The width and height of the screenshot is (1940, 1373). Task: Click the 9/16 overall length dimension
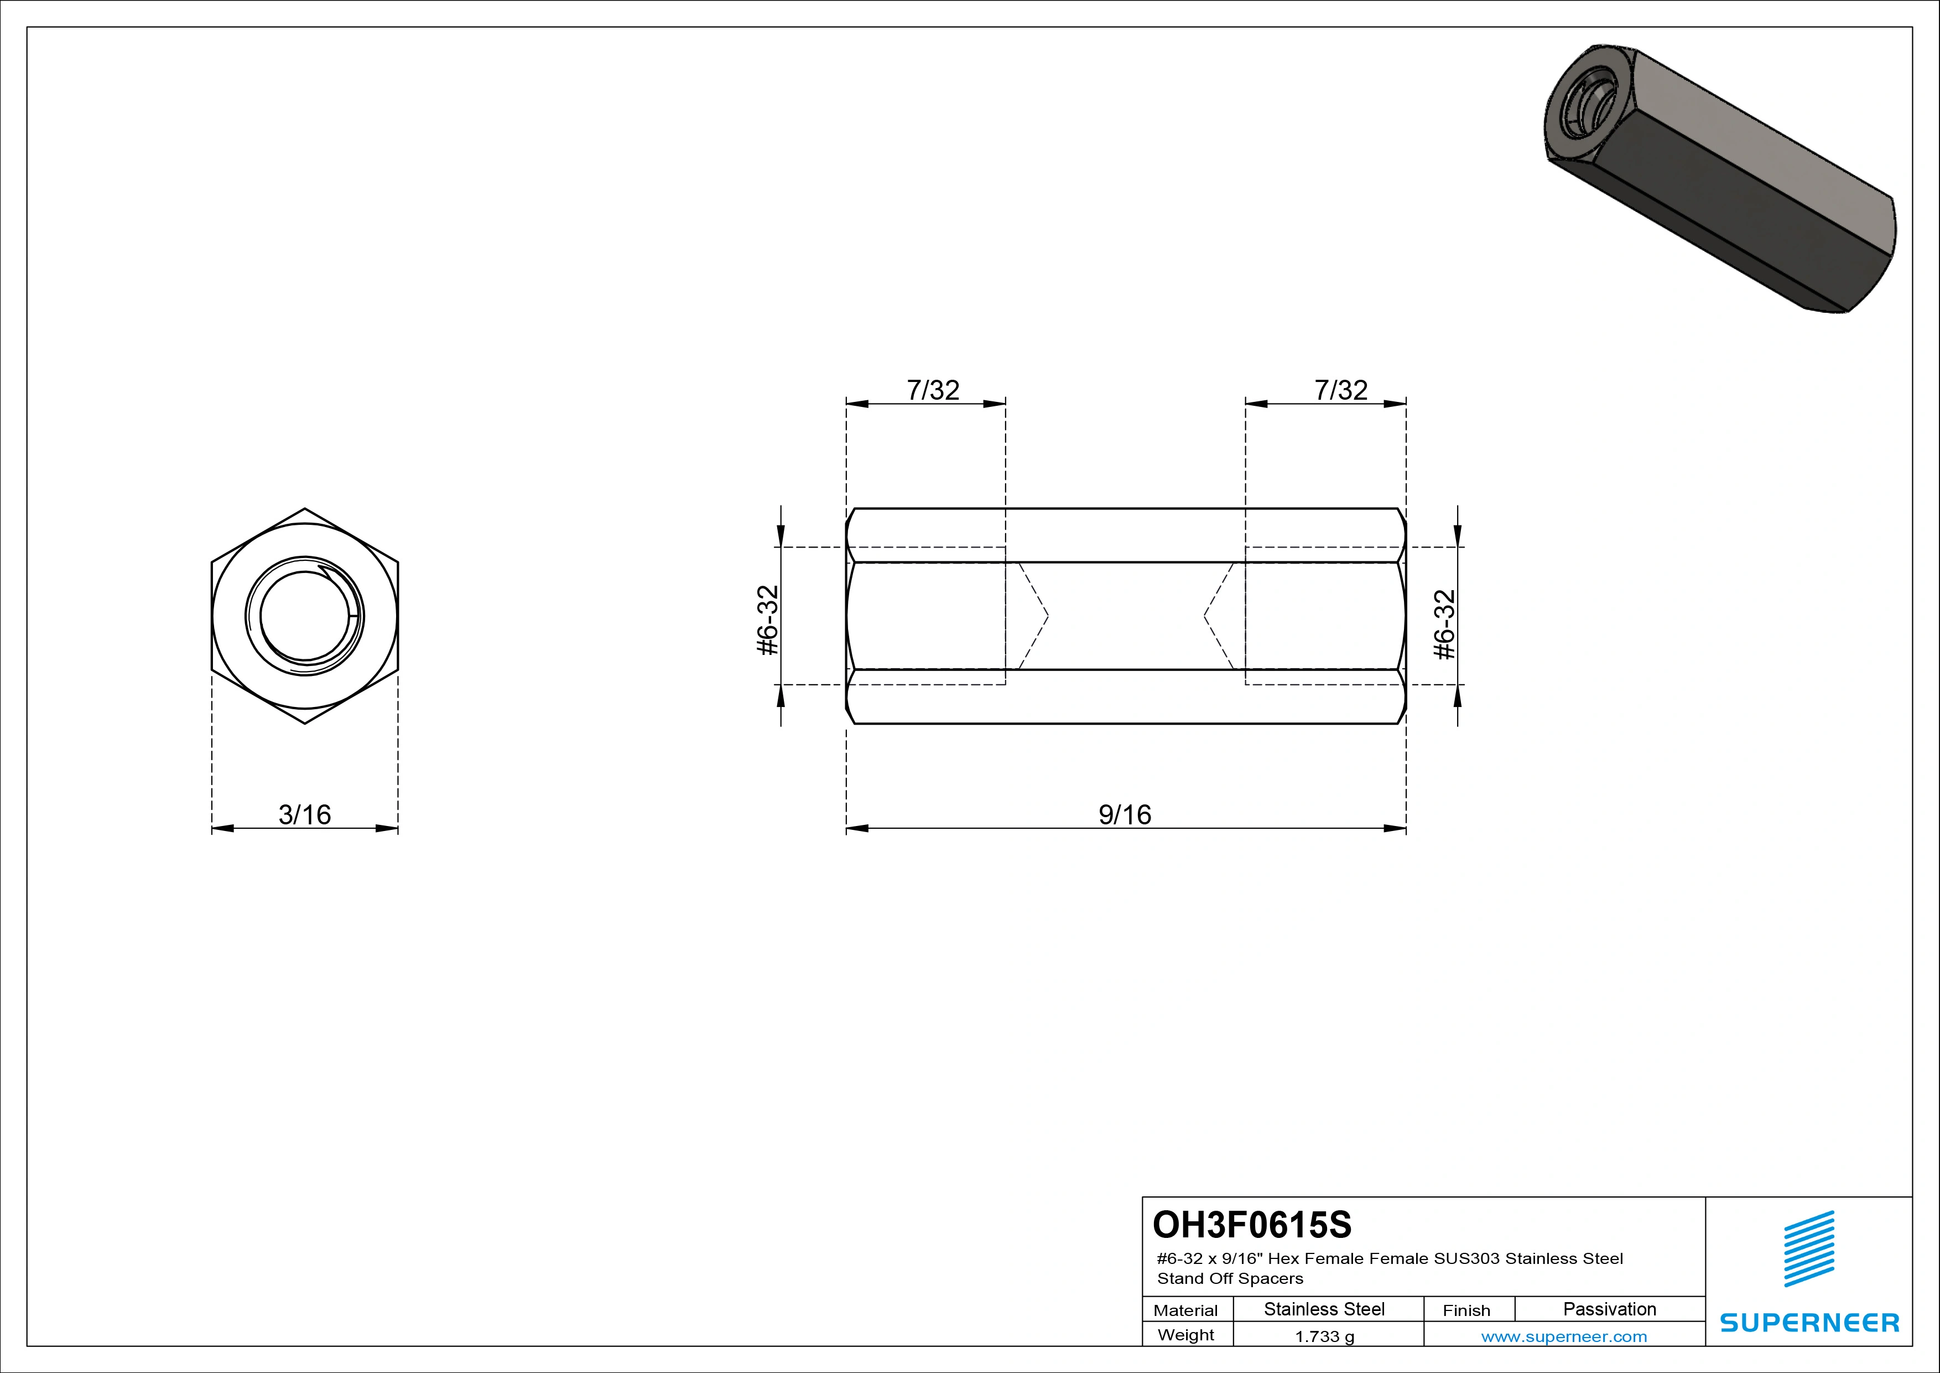[x=1125, y=814]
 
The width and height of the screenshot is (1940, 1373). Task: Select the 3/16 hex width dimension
[x=304, y=814]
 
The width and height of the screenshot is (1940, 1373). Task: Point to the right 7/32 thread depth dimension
[x=1341, y=390]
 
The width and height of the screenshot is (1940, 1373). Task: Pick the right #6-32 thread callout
[x=1445, y=624]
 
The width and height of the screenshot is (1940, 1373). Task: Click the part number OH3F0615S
[x=1252, y=1224]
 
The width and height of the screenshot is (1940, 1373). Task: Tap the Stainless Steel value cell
[x=1324, y=1309]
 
